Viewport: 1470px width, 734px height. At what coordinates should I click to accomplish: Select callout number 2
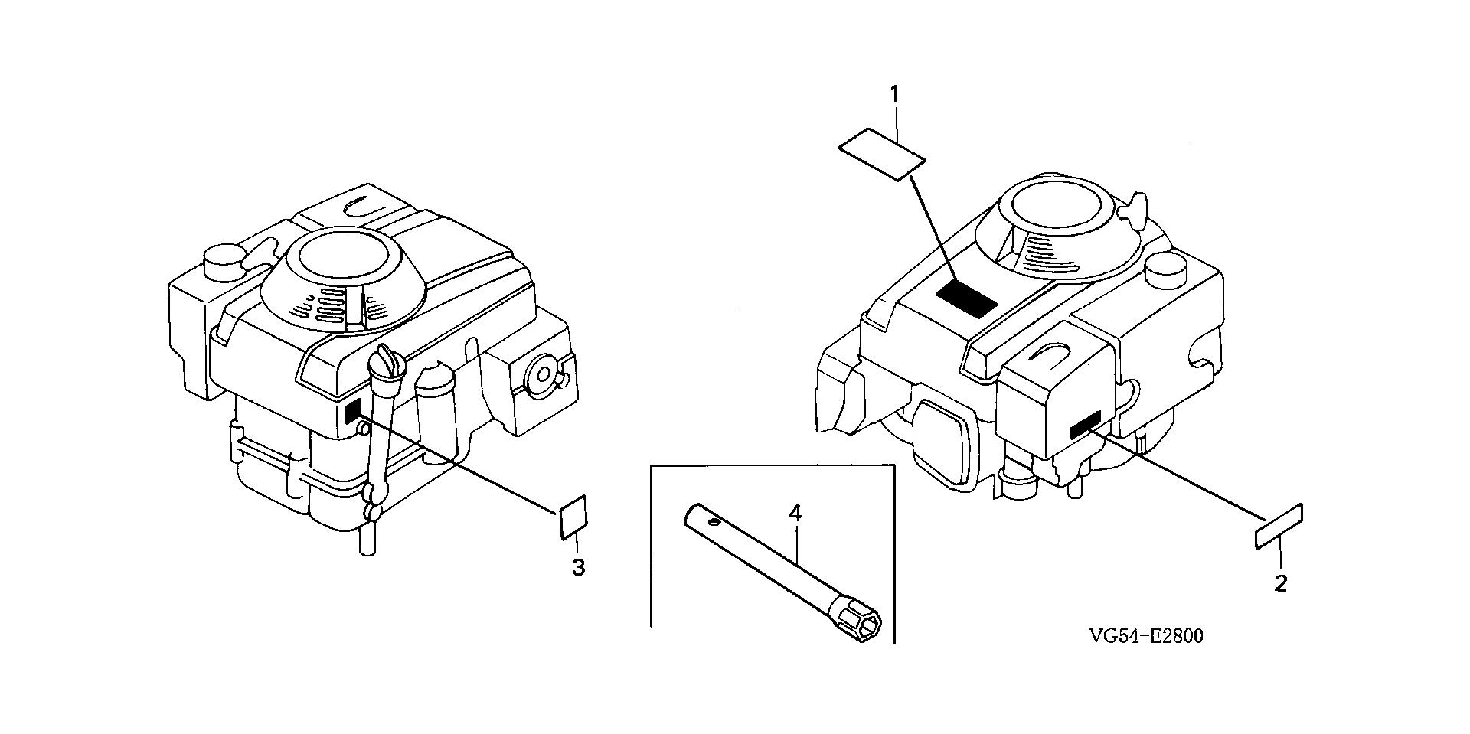click(x=1280, y=584)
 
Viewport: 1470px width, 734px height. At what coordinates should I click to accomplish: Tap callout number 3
click(x=579, y=567)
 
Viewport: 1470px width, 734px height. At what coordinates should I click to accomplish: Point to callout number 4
click(x=795, y=513)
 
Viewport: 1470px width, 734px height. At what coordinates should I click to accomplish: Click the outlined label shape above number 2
click(x=1279, y=526)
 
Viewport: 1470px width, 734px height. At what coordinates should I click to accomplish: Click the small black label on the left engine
click(x=353, y=412)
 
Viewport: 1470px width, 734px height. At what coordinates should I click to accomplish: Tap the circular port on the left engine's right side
click(x=544, y=375)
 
